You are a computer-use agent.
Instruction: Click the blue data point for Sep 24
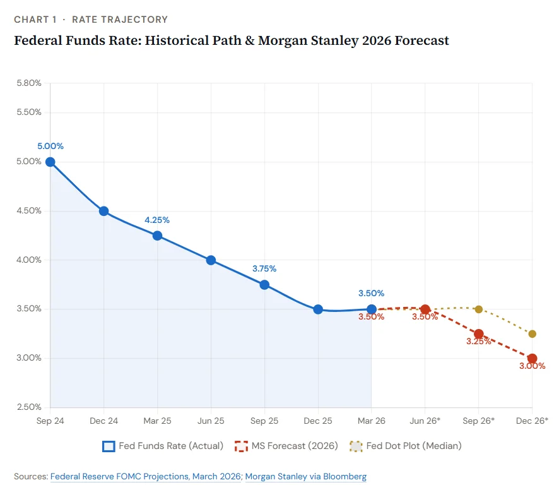coord(50,162)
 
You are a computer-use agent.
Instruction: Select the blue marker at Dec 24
coord(104,211)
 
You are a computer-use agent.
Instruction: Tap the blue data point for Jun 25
coord(211,260)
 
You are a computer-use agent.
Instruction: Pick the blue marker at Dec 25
coord(318,309)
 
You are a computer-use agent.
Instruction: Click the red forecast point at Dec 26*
coord(532,359)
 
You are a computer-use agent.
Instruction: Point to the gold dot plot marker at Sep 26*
coord(479,309)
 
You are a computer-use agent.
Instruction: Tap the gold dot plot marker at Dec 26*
coord(532,333)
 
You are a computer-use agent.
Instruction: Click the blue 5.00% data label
coord(50,146)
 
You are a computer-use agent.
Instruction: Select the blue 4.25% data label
coord(157,220)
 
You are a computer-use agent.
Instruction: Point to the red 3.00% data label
coord(532,366)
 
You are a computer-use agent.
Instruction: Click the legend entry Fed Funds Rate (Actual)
coord(163,446)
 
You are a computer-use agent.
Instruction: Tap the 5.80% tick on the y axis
coord(29,83)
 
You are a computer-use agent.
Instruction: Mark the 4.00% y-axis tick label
coord(29,260)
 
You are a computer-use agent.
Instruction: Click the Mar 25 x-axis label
coord(157,421)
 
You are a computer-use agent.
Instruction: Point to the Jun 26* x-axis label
coord(425,421)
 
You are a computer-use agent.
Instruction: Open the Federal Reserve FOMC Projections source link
coord(146,476)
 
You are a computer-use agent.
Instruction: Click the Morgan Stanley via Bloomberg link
coord(305,476)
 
